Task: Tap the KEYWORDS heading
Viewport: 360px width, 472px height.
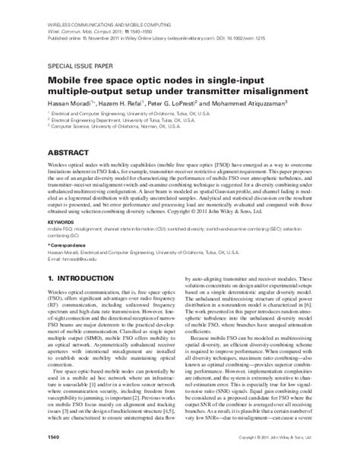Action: [63, 222]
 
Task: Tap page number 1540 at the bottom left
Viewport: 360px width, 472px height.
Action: [55, 459]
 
